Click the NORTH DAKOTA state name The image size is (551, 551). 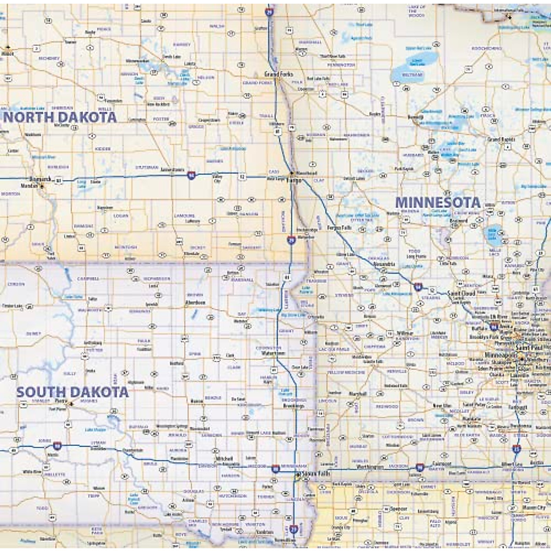pyautogui.click(x=60, y=117)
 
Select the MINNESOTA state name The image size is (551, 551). pyautogui.click(x=438, y=202)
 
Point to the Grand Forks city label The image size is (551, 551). pyautogui.click(x=279, y=74)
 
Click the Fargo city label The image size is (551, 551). pyautogui.click(x=294, y=180)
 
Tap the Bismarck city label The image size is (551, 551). pyautogui.click(x=40, y=179)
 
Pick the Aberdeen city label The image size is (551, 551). pyautogui.click(x=195, y=303)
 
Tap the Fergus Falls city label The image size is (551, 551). pyautogui.click(x=339, y=228)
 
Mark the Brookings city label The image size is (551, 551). pyautogui.click(x=293, y=406)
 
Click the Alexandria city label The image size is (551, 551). pyautogui.click(x=384, y=264)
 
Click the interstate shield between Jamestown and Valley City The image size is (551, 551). pyautogui.click(x=191, y=175)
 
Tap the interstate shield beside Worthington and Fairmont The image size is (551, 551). pyautogui.click(x=420, y=467)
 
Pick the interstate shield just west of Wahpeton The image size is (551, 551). pyautogui.click(x=291, y=239)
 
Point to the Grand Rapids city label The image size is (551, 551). pyautogui.click(x=501, y=139)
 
